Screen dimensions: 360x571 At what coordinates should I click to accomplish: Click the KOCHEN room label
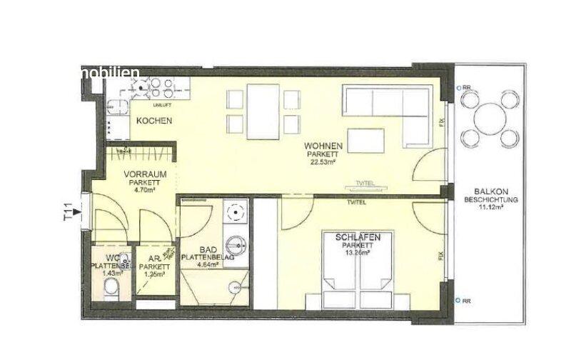pos(154,121)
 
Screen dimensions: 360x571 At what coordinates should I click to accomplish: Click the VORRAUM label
pos(135,174)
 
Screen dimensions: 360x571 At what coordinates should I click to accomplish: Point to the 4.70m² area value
pos(135,191)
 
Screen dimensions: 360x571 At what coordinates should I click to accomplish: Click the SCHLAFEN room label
pos(360,236)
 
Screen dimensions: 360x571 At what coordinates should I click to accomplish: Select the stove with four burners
pos(156,88)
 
